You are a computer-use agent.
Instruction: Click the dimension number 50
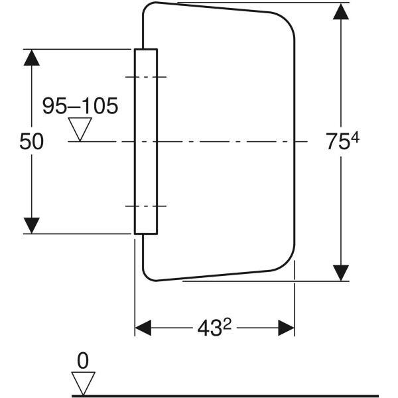coord(31,141)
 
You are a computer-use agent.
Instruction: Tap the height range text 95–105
coord(80,105)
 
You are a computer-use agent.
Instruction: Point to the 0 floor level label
coord(83,361)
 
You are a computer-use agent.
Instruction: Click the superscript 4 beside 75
coord(355,139)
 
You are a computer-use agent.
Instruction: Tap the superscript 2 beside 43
coord(228,324)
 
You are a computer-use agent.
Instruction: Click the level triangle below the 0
coord(83,383)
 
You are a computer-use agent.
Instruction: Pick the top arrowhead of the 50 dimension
coord(31,58)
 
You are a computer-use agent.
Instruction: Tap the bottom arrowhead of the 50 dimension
coord(31,226)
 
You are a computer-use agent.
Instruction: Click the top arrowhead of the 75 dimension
coord(341,11)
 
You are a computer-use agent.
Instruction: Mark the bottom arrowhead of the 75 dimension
coord(341,273)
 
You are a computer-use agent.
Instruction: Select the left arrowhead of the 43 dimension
coord(143,328)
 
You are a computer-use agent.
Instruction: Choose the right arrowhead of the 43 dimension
coord(287,328)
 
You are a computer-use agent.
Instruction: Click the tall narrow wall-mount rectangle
coord(146,141)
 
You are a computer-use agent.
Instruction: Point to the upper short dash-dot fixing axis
coord(146,77)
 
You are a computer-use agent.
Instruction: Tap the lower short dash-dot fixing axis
coord(146,206)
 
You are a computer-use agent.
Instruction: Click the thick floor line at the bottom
coord(225,396)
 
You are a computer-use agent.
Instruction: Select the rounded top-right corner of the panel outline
coord(287,20)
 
